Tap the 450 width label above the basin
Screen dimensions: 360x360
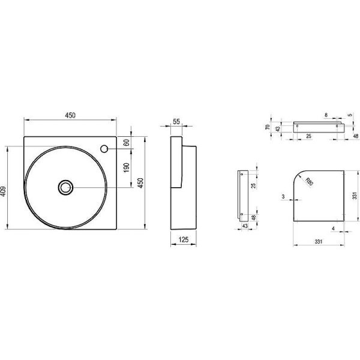coord(70,115)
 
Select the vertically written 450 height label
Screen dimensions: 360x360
coord(140,182)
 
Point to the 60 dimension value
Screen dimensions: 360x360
coord(126,143)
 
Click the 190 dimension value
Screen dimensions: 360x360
coord(126,167)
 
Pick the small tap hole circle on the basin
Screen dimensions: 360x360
coord(104,149)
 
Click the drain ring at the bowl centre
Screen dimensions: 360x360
coord(65,187)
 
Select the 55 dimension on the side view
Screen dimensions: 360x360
coord(176,121)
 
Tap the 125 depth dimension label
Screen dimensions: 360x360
coord(184,239)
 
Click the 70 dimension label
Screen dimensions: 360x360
coord(268,127)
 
